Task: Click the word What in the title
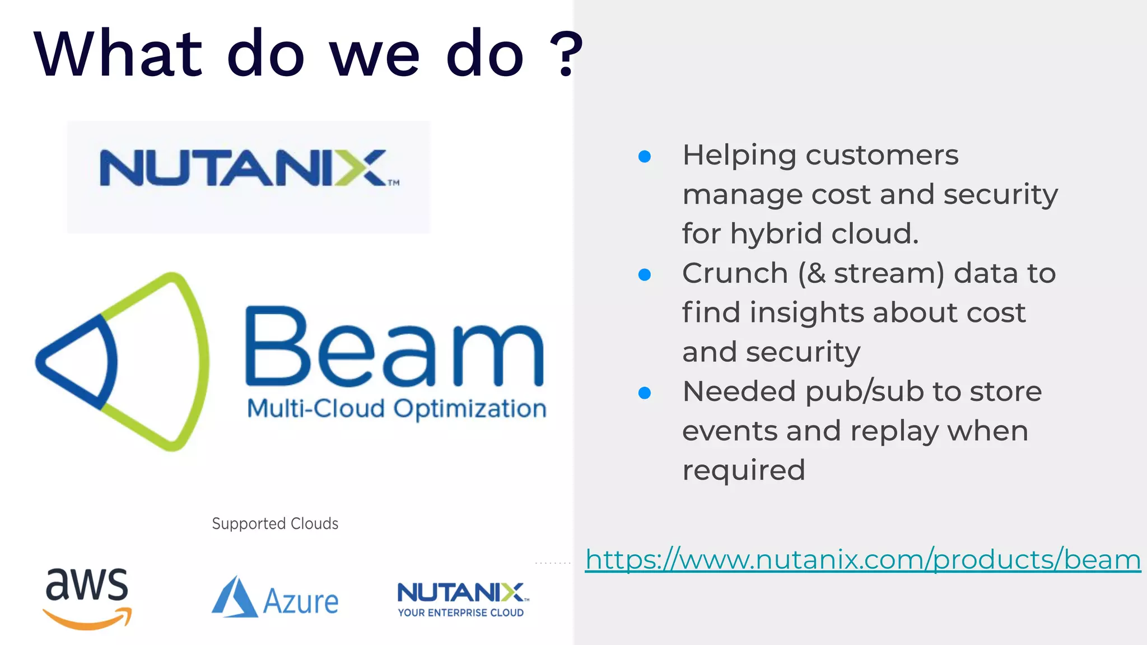(x=118, y=54)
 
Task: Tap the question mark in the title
(x=566, y=54)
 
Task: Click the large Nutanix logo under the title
(x=249, y=168)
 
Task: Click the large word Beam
(x=394, y=348)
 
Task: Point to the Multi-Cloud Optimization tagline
(x=397, y=409)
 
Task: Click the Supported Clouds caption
(x=275, y=524)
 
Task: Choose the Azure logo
(x=275, y=599)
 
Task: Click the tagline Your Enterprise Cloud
(x=460, y=613)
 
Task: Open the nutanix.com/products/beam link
(x=862, y=560)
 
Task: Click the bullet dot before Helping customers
(x=645, y=156)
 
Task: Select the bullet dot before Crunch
(x=645, y=274)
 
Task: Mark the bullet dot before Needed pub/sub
(x=645, y=392)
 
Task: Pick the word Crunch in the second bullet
(x=735, y=274)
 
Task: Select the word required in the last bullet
(x=743, y=471)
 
